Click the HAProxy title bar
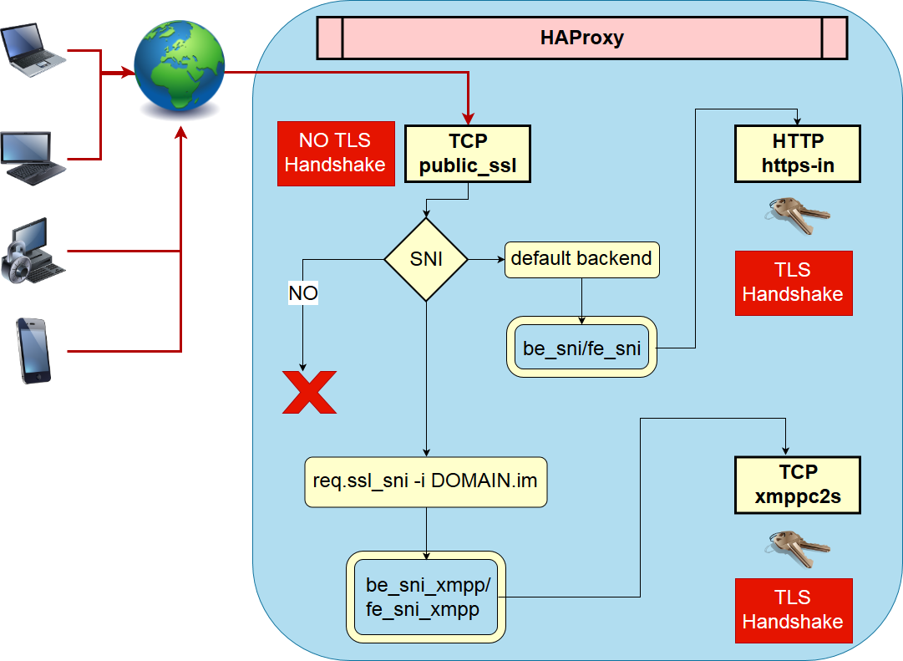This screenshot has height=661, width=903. click(x=582, y=38)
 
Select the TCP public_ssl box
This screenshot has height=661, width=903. click(x=468, y=155)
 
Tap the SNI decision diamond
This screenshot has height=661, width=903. click(x=426, y=260)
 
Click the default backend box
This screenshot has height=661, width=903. click(x=581, y=259)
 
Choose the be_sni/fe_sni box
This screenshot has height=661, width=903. click(x=581, y=347)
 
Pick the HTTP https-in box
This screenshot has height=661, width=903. click(x=798, y=155)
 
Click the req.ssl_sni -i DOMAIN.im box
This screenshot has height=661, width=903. click(x=426, y=482)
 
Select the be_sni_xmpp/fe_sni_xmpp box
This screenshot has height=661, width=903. click(x=426, y=597)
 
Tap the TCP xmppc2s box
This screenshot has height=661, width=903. click(x=798, y=485)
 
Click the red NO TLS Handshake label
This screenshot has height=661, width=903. click(x=335, y=153)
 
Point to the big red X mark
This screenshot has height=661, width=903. click(x=309, y=393)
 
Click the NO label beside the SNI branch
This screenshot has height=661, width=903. click(x=303, y=293)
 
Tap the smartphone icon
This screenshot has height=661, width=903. click(x=35, y=350)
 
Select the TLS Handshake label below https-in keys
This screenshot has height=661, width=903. click(x=794, y=282)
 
